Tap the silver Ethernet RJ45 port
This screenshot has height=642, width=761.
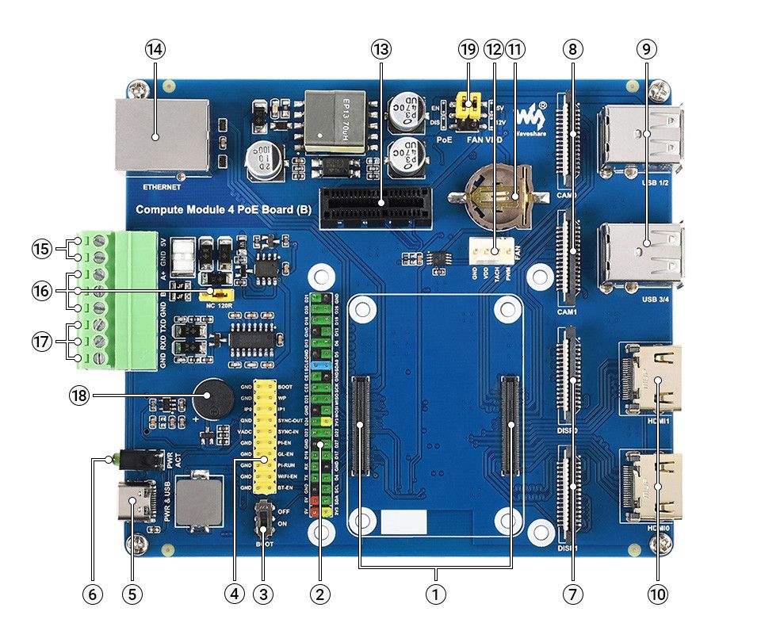(163, 135)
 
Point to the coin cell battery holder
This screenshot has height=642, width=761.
(496, 194)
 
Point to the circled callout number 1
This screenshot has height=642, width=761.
(434, 592)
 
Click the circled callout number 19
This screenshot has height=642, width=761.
(468, 49)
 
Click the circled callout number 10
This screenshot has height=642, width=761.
(657, 592)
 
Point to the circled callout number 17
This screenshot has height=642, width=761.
(43, 342)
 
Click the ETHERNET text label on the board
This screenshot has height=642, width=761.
(163, 188)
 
